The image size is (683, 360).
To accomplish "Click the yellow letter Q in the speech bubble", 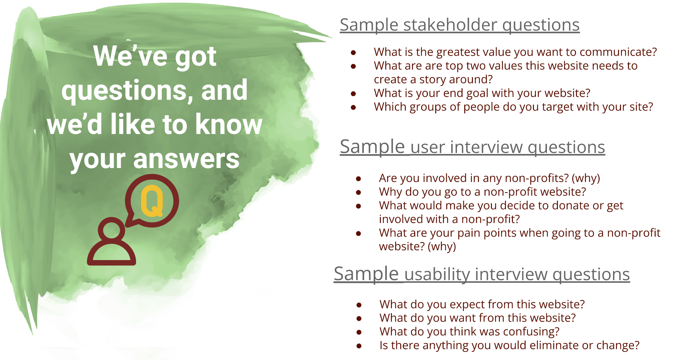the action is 152,201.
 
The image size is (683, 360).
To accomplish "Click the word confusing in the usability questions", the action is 528,332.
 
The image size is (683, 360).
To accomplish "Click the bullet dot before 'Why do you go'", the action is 359,192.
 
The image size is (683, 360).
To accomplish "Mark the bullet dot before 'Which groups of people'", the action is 354,107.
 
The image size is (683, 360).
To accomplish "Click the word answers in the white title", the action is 186,159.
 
